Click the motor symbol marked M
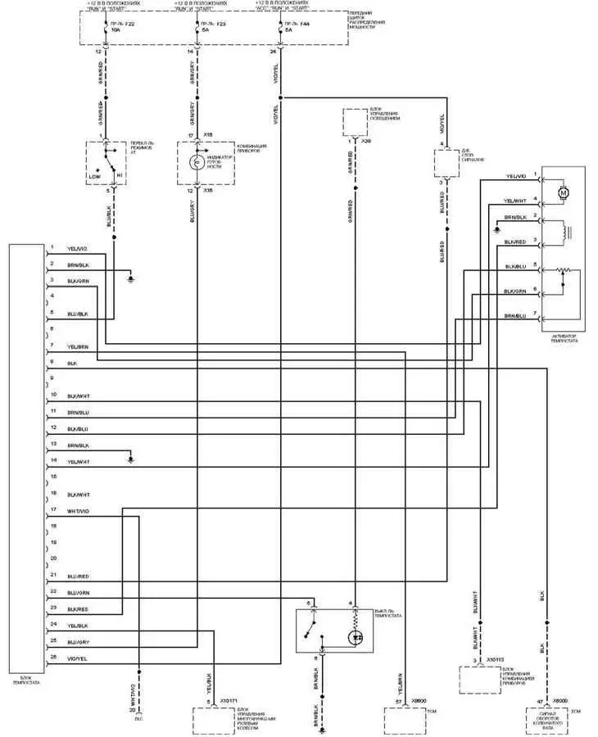(x=563, y=192)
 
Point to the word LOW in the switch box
(x=95, y=176)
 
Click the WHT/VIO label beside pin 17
(x=79, y=511)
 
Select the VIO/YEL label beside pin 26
(x=79, y=658)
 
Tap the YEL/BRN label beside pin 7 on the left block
(x=79, y=348)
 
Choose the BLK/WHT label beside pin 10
(x=79, y=396)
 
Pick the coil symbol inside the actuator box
(x=564, y=232)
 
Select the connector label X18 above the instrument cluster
(x=208, y=133)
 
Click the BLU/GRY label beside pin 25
(x=79, y=642)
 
